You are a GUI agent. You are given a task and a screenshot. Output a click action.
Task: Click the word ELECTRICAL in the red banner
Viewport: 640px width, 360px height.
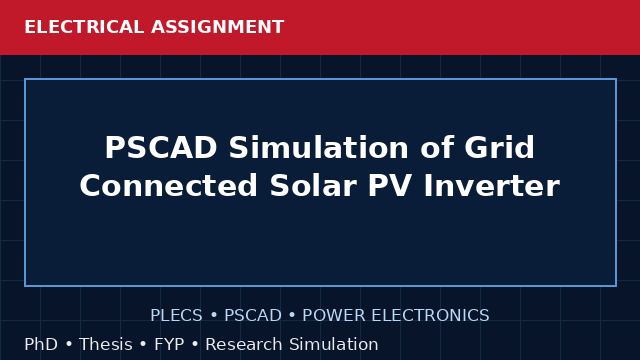(84, 27)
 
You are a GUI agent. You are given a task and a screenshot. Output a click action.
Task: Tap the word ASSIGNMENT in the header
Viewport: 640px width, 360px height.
(218, 27)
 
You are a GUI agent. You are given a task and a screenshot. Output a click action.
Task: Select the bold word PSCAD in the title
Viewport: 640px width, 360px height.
(161, 147)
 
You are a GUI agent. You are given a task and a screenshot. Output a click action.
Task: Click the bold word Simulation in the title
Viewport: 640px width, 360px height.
(318, 147)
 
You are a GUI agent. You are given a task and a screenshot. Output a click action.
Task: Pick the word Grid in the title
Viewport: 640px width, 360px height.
(499, 147)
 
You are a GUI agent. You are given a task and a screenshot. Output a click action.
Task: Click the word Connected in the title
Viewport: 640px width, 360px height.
(169, 186)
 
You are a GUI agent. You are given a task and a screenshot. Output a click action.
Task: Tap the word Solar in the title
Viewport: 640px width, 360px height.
(313, 186)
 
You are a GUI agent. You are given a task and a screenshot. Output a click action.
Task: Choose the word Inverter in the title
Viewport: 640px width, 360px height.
(491, 186)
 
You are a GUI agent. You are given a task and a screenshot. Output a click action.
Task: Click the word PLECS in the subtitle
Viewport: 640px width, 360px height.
(176, 315)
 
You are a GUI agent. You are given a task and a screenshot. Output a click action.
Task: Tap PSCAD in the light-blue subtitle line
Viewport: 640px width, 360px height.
(253, 315)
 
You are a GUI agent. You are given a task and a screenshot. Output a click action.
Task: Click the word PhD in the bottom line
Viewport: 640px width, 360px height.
(41, 344)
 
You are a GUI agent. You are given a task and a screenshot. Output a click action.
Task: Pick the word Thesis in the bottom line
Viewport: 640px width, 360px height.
(106, 344)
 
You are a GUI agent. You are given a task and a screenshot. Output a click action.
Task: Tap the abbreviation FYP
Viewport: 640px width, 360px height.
(169, 344)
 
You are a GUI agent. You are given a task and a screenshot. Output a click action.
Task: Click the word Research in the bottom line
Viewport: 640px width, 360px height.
(244, 344)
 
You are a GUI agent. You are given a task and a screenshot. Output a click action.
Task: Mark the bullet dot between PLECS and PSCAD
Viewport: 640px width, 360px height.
(213, 316)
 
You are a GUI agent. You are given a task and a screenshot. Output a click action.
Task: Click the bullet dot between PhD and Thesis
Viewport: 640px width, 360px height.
(69, 344)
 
